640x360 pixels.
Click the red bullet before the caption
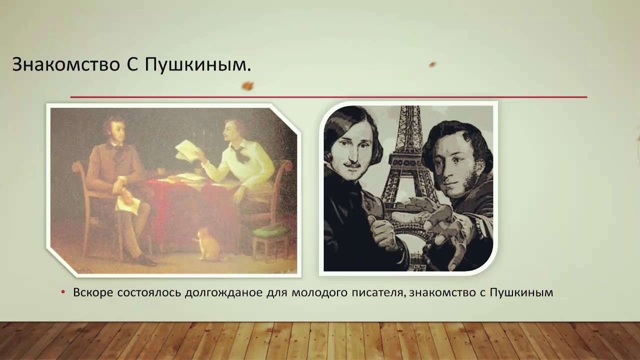pos(63,292)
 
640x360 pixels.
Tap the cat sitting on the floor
pos(206,244)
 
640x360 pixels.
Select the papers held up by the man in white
pos(186,148)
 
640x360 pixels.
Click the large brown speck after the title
pos(247,86)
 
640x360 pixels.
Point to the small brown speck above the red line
pos(432,64)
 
